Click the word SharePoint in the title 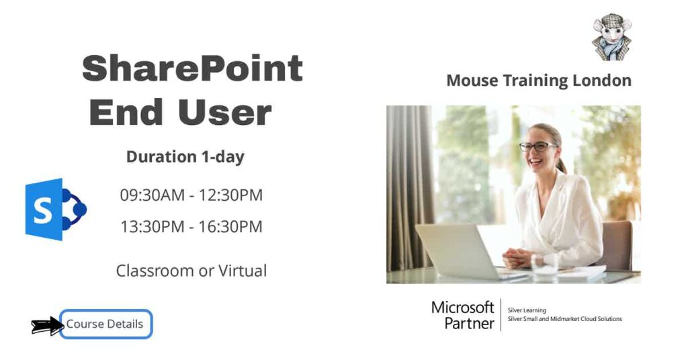pos(192,69)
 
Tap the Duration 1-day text pos(185,157)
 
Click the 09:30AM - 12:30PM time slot pos(191,195)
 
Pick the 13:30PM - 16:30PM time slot pos(191,227)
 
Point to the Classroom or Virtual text pos(191,271)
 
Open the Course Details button pos(105,324)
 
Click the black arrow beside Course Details pos(46,326)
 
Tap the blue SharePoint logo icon pos(54,210)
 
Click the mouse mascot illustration pos(611,36)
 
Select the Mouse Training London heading pos(538,81)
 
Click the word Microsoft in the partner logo pos(462,308)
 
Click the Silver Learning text pos(527,310)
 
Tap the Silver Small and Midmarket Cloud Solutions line pos(564,319)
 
